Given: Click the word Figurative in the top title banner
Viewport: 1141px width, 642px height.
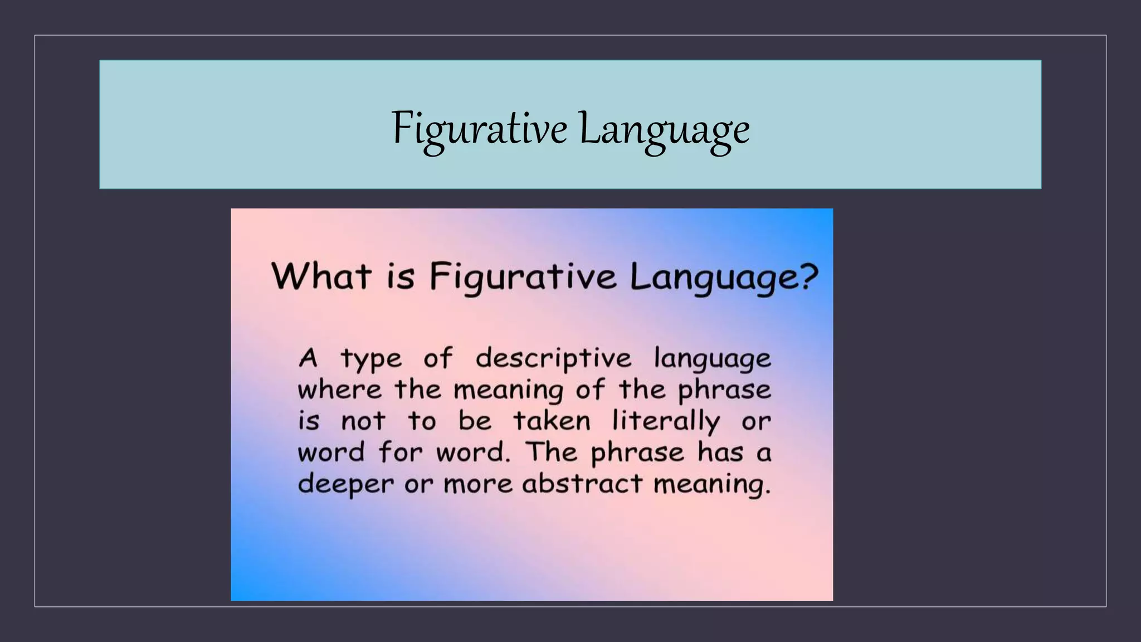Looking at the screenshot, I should tap(479, 129).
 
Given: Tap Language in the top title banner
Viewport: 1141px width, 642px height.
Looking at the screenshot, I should tap(664, 129).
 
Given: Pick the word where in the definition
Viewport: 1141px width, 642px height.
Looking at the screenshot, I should tap(339, 390).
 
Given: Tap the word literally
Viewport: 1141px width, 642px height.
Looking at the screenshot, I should tap(666, 421).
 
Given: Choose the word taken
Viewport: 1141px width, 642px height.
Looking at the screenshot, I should tap(552, 421).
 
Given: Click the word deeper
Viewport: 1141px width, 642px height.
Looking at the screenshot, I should tap(345, 484).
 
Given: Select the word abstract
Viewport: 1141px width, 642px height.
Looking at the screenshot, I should tap(582, 484).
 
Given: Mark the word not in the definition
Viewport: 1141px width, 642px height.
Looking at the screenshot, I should tap(363, 421).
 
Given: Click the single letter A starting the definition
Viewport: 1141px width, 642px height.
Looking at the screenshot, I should tap(308, 358).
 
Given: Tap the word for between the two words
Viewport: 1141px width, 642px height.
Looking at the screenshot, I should tap(401, 452).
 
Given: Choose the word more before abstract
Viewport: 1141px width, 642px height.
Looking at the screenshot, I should tap(478, 484).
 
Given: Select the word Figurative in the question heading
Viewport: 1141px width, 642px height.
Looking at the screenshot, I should tap(523, 277).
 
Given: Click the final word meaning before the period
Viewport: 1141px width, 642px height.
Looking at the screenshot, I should tap(710, 484).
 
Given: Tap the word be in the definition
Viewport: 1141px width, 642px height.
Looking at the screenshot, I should tap(475, 421).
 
